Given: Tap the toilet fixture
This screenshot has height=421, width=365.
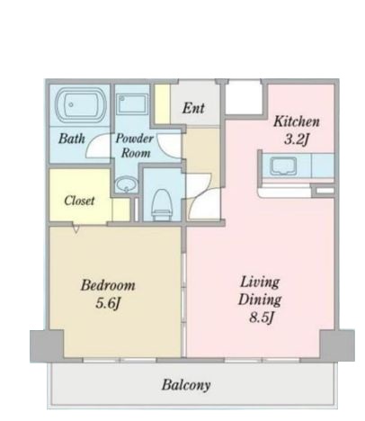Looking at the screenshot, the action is pyautogui.click(x=162, y=203).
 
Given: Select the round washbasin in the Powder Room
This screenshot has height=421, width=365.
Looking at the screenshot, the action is pyautogui.click(x=126, y=184).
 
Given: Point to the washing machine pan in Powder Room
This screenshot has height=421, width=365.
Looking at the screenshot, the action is pyautogui.click(x=132, y=103).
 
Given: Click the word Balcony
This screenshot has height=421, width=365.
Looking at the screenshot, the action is pyautogui.click(x=186, y=385).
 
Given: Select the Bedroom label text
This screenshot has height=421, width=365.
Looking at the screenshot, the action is pyautogui.click(x=108, y=285).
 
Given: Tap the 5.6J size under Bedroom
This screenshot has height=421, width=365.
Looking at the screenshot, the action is pyautogui.click(x=108, y=303).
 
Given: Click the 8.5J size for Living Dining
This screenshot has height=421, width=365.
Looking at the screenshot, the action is pyautogui.click(x=262, y=318).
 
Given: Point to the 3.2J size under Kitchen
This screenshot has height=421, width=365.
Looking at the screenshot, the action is pyautogui.click(x=296, y=139).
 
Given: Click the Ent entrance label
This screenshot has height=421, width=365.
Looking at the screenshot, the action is pyautogui.click(x=193, y=108).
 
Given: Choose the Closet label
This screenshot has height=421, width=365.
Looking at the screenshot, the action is pyautogui.click(x=79, y=201).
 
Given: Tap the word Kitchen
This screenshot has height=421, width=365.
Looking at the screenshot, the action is pyautogui.click(x=297, y=121).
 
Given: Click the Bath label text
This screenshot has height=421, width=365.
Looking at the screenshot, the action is pyautogui.click(x=72, y=139).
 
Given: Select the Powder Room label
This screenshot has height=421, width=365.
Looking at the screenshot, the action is pyautogui.click(x=135, y=146).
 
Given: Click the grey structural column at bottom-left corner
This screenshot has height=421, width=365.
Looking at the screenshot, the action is pyautogui.click(x=47, y=345).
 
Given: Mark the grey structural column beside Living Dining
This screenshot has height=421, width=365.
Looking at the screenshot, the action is pyautogui.click(x=337, y=345).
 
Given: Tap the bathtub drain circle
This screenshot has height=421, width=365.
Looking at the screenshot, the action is pyautogui.click(x=71, y=104).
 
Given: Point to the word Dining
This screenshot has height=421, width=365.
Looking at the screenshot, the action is pyautogui.click(x=260, y=300).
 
